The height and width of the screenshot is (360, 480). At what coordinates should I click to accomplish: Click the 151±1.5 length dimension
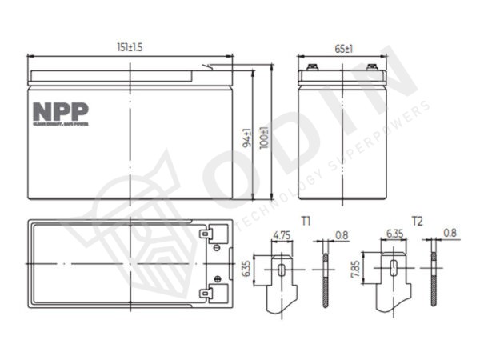[x=129, y=48]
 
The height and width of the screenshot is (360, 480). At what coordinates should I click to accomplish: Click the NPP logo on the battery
[x=61, y=111]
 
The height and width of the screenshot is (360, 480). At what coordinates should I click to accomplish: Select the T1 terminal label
[x=306, y=218]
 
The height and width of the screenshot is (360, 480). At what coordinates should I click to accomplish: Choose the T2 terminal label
[x=418, y=218]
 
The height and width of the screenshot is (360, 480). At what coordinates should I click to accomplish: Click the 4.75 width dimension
[x=282, y=235]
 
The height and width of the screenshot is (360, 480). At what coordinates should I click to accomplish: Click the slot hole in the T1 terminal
[x=281, y=270]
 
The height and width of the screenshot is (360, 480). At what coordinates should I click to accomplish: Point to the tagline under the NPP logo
[x=61, y=124]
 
